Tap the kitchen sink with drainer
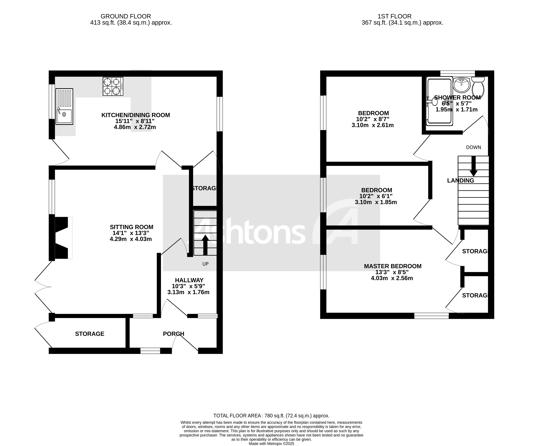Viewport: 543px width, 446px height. pos(64,106)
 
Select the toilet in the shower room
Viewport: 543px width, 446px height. pos(478,87)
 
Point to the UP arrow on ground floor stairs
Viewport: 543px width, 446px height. pos(205,245)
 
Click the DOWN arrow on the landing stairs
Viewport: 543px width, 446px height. pos(473,166)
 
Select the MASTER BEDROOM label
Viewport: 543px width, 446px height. pos(393,266)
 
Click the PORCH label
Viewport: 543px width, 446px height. pos(173,334)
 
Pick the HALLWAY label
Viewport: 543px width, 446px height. pos(189,280)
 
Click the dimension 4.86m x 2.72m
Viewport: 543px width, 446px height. pos(135,127)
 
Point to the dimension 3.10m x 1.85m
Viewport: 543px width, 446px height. pos(376,202)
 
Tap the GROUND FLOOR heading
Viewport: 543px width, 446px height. pos(126,16)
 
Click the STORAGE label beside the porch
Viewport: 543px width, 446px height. pos(90,334)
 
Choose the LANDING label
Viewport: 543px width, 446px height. pos(460,181)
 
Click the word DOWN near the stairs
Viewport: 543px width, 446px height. pos(473,147)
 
